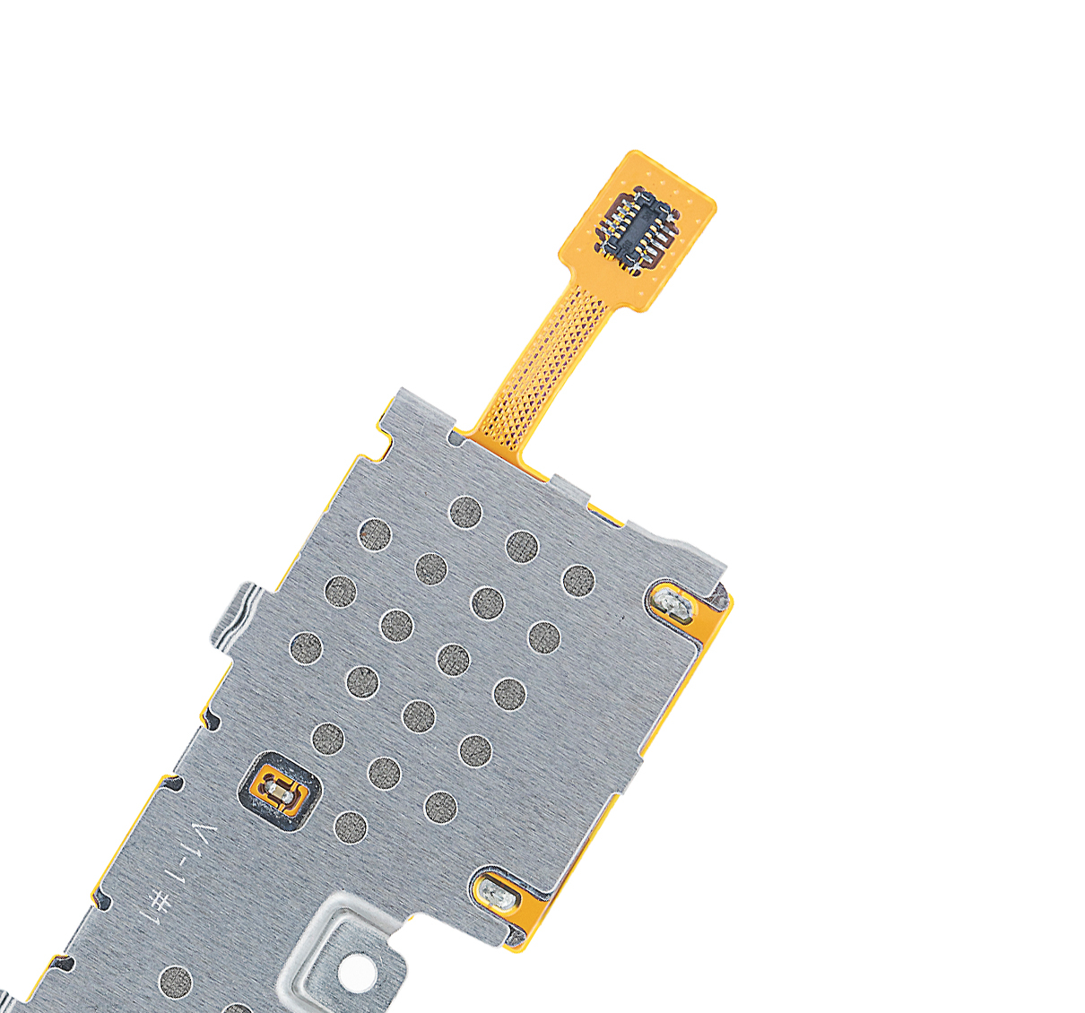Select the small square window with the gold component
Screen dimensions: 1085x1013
click(280, 792)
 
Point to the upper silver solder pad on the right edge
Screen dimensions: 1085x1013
click(673, 605)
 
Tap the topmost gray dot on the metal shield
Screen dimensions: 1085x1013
click(465, 513)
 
